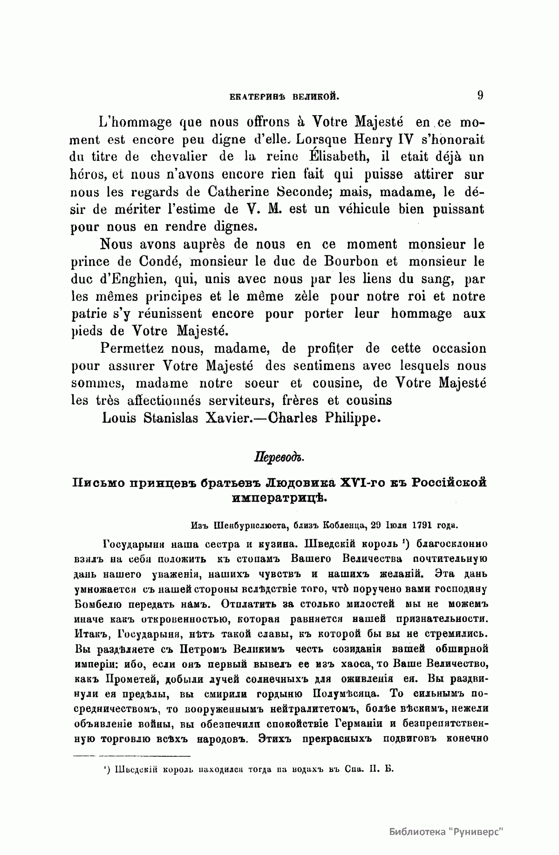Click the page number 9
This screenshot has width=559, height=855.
(x=480, y=96)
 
